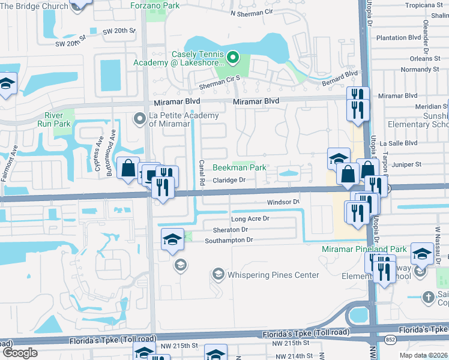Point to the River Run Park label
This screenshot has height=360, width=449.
[58, 119]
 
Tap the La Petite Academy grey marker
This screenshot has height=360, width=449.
[140, 118]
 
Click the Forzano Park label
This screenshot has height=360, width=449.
[155, 5]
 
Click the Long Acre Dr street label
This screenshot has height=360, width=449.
[250, 219]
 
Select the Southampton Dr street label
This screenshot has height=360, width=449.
[229, 240]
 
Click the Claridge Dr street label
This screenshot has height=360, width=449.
[231, 180]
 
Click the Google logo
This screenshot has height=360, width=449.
[19, 353]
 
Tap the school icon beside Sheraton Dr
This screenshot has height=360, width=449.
[172, 239]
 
